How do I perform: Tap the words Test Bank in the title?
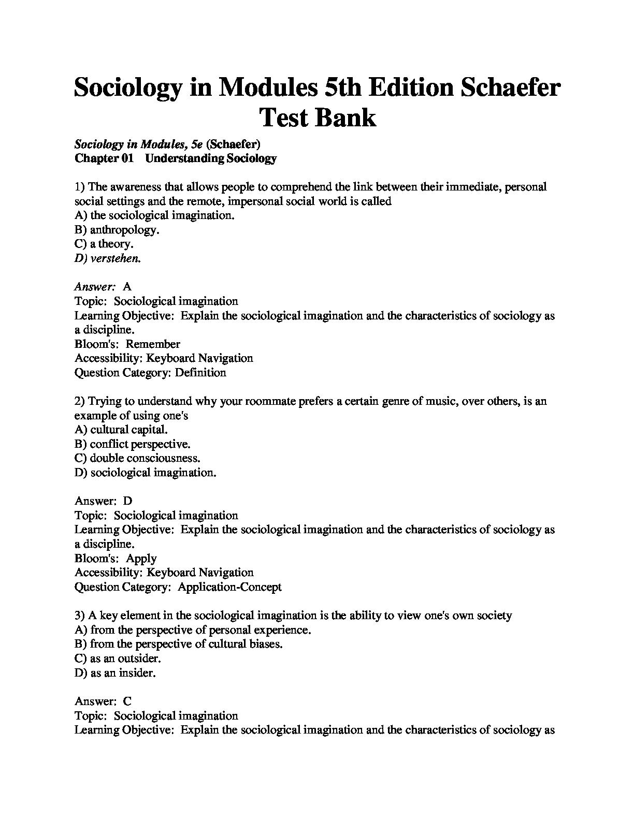(x=317, y=117)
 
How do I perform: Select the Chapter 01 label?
(x=104, y=158)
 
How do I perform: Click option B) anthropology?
(x=117, y=230)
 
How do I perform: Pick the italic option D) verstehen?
(x=107, y=258)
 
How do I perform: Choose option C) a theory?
(x=104, y=244)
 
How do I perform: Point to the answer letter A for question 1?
(x=127, y=286)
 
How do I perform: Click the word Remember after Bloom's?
(x=153, y=344)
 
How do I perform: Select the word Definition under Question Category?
(x=200, y=372)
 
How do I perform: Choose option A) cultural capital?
(x=121, y=429)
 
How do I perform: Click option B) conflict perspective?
(x=133, y=444)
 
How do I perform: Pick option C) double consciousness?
(x=137, y=458)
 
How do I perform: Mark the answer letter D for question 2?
(x=127, y=501)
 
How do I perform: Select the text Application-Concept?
(x=229, y=587)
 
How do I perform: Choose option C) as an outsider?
(x=118, y=658)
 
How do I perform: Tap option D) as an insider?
(x=115, y=673)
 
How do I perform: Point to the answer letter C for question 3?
(x=127, y=701)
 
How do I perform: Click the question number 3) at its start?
(x=80, y=616)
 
